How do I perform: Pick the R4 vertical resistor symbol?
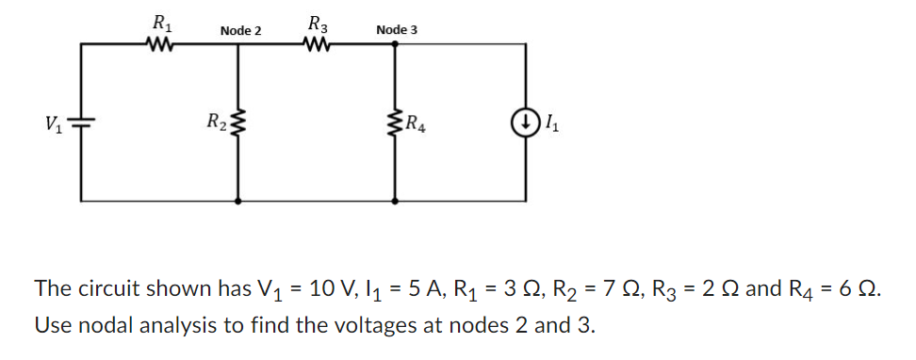point(394,122)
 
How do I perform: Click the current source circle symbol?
point(524,122)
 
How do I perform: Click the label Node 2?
point(240,31)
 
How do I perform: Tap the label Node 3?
point(396,30)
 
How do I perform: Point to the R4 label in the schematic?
point(415,122)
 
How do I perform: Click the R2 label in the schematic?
point(216,122)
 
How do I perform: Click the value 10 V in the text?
point(336,288)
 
